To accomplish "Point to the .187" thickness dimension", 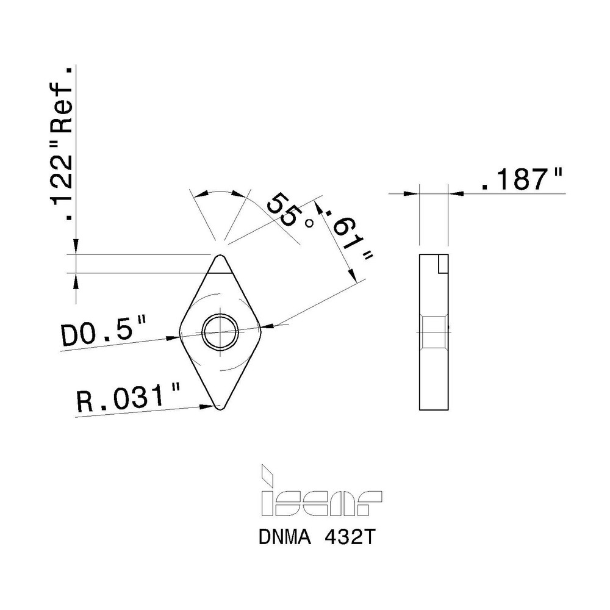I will click(x=521, y=181).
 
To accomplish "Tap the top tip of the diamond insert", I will click(x=220, y=256).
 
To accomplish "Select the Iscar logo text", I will click(x=320, y=501).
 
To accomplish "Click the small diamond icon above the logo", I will click(x=267, y=473).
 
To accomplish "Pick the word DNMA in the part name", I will click(x=283, y=539).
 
